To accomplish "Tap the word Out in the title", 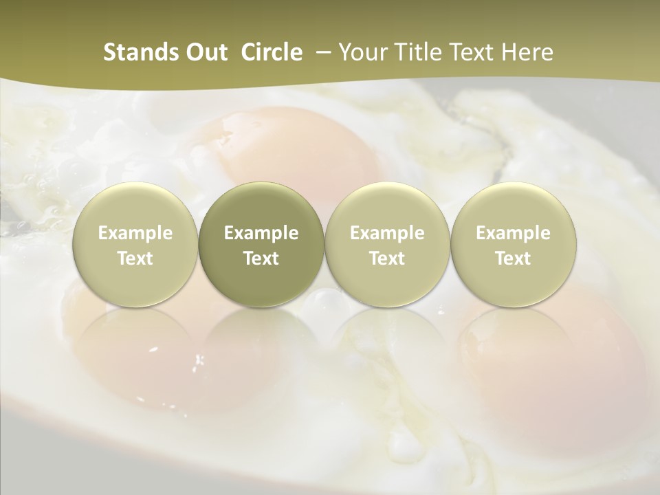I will click(x=204, y=52).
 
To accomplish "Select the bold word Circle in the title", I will click(x=272, y=52).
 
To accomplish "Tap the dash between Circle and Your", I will click(x=320, y=52).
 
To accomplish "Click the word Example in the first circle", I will click(x=135, y=233).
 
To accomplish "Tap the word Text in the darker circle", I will click(x=261, y=258).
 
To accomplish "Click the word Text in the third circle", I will click(x=387, y=258).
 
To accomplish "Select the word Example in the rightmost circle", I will click(x=513, y=233).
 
